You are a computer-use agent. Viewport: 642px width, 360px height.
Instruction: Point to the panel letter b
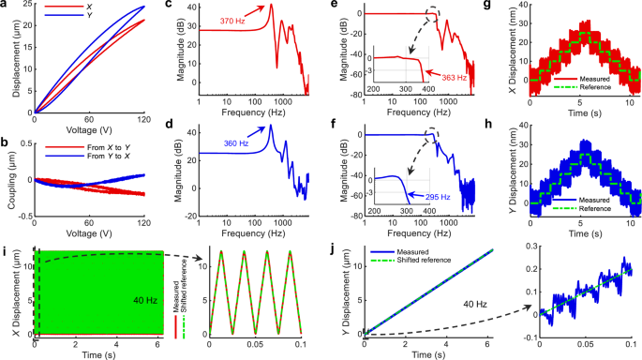7,142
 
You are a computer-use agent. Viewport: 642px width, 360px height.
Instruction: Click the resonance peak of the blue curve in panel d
270,126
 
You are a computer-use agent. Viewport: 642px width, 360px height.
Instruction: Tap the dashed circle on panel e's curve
431,14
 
